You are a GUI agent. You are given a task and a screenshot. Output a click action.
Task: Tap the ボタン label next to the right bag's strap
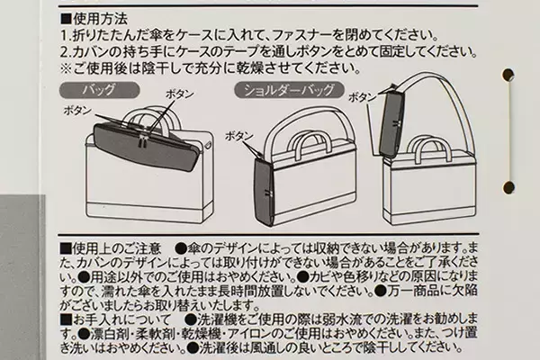click(362, 96)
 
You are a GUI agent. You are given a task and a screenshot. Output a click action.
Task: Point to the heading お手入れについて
click(117, 319)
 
